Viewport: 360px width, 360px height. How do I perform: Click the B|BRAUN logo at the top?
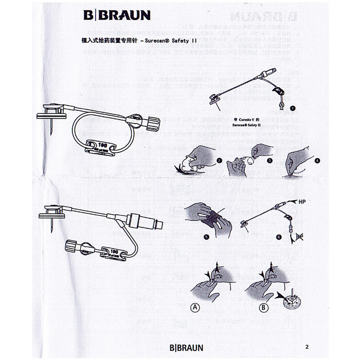117,15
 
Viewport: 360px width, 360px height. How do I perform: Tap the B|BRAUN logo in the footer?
186,347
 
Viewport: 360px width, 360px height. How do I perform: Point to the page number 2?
307,346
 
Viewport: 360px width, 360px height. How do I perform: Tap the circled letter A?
195,308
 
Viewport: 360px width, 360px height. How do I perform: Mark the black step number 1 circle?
293,108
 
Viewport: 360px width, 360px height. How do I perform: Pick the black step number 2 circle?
220,160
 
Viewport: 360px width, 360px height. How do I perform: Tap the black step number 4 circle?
317,160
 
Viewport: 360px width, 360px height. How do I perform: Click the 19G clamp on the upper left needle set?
102,147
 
